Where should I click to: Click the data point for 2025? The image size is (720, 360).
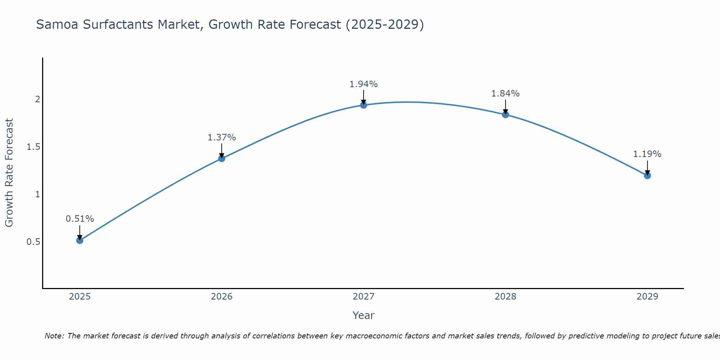80,240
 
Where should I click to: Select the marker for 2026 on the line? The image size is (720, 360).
222,158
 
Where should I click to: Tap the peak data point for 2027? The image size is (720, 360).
364,105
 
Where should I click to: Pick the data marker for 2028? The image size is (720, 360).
505,115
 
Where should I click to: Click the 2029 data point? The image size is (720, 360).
647,176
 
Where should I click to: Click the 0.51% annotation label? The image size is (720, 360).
80,219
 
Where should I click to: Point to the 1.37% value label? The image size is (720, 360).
222,138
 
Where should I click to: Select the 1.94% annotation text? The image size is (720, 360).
364,84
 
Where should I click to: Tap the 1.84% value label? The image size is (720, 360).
505,94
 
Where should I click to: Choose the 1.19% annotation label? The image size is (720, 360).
647,154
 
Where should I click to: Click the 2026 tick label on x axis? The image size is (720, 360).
222,297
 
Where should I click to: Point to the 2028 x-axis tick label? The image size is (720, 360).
505,297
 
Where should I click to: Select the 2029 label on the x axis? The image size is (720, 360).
647,297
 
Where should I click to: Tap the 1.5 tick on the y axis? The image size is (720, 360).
33,147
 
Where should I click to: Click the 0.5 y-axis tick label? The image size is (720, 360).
33,242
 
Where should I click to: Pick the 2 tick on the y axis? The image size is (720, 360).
37,99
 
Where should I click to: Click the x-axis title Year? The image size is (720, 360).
364,315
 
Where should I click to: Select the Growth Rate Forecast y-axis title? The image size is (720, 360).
9,173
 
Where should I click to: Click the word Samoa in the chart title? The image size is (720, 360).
58,24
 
